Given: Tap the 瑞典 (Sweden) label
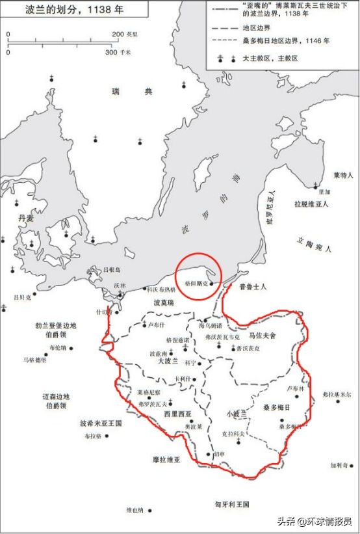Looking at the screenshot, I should coord(132,92).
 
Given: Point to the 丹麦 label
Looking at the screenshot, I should coord(26,219).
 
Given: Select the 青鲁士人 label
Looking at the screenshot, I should coord(253,286).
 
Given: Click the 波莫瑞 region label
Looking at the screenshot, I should coord(163,303).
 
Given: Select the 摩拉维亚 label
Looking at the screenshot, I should coord(166,459).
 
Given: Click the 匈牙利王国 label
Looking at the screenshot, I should coord(232,504).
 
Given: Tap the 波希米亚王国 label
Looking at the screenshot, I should coord(101,423).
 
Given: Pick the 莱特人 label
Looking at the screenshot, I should coord(342,175).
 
